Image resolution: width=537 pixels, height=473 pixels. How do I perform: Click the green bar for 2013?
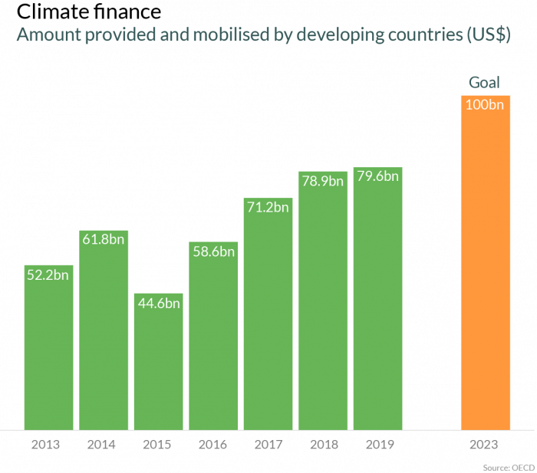point(48,353)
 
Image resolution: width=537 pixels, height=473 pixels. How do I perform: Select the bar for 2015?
point(158,368)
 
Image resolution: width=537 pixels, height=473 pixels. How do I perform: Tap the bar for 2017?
point(268,322)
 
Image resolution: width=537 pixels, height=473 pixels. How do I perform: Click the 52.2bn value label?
point(48,274)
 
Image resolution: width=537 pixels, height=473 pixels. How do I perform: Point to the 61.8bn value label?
point(104,239)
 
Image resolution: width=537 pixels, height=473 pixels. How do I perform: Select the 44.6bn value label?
point(158,303)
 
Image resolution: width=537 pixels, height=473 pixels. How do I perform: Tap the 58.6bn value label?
point(213,251)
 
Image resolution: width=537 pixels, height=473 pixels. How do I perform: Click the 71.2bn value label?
point(268,207)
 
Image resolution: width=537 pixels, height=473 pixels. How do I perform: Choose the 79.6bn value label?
point(377,176)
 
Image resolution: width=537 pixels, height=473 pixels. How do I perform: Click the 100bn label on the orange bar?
point(485,105)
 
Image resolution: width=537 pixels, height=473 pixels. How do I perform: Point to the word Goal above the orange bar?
point(484,82)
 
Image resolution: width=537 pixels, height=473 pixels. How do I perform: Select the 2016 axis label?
point(212,445)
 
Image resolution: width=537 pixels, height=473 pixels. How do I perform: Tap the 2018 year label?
point(321,445)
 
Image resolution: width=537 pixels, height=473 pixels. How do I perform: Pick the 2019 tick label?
point(377,445)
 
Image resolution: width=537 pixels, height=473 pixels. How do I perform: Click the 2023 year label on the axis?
point(485,445)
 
